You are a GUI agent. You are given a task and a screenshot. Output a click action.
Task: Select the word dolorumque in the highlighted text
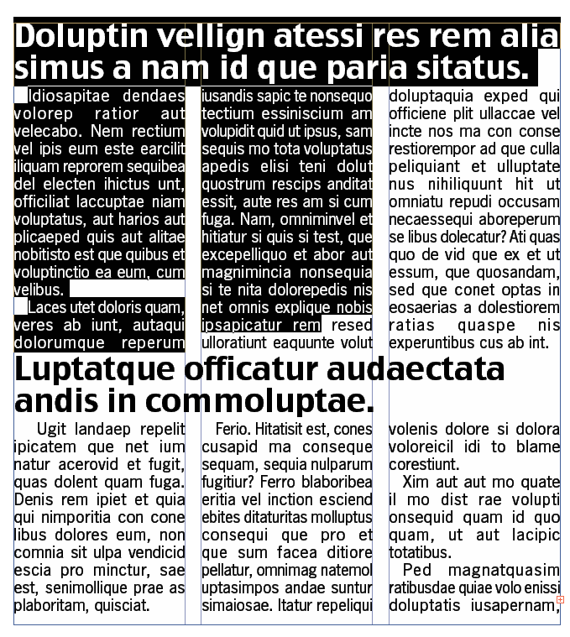pyautogui.click(x=54, y=342)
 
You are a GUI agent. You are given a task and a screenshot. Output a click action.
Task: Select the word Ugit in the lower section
pyautogui.click(x=52, y=429)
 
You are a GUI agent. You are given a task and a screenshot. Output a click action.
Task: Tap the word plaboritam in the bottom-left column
pyautogui.click(x=49, y=604)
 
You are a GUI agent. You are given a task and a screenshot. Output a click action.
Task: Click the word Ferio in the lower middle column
pyautogui.click(x=233, y=429)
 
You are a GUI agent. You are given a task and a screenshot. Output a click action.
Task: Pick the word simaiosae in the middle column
pyautogui.click(x=234, y=604)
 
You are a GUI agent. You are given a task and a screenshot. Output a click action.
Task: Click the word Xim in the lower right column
pyautogui.click(x=416, y=482)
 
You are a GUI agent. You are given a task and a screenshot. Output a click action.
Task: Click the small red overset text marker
pyautogui.click(x=560, y=599)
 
